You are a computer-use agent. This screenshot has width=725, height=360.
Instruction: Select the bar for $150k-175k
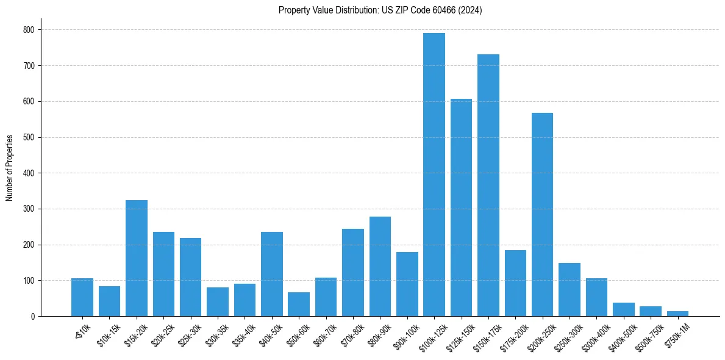(x=488, y=185)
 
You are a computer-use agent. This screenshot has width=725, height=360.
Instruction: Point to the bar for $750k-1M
(x=677, y=314)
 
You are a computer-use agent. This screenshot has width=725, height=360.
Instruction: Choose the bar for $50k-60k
(x=299, y=304)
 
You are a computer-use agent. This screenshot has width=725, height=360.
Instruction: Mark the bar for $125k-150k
(x=461, y=207)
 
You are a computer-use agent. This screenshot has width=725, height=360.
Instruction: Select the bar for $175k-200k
(x=515, y=283)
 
